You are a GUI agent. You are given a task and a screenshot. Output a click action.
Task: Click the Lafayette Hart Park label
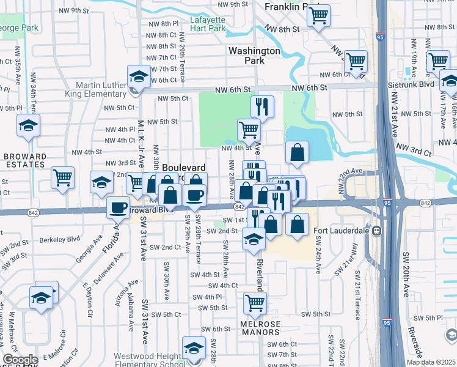(208, 24)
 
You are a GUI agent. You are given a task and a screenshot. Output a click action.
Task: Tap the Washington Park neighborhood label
(254, 56)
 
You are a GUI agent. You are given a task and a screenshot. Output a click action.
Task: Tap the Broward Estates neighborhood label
(25, 160)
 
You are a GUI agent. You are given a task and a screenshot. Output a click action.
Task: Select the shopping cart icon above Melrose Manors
(255, 302)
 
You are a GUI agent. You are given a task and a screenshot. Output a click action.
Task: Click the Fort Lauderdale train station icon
(378, 231)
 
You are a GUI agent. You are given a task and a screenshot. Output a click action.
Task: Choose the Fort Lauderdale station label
(342, 231)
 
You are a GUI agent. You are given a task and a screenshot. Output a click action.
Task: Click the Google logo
(20, 360)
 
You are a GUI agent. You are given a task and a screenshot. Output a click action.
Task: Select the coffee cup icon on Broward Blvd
(118, 207)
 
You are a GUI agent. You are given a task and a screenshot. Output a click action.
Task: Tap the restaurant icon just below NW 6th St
(262, 106)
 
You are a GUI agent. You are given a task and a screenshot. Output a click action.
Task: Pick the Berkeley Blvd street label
(64, 239)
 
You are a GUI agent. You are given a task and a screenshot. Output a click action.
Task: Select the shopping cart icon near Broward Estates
(62, 178)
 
